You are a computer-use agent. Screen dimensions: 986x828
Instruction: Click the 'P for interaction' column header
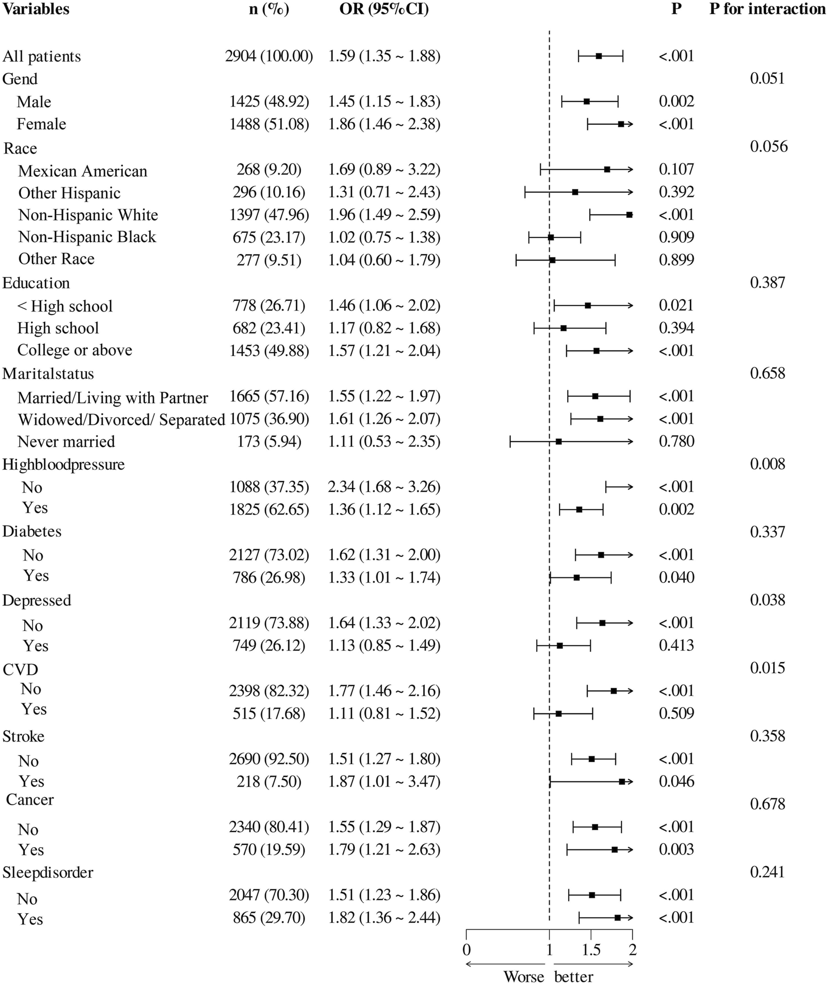(767, 9)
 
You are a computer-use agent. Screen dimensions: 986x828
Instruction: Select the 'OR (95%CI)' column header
(384, 9)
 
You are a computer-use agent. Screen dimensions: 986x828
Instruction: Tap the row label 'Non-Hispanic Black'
(87, 237)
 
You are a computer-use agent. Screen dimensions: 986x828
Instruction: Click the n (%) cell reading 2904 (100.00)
(269, 56)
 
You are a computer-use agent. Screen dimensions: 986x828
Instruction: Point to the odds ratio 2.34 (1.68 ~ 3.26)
(384, 487)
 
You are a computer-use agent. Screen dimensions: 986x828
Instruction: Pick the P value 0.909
(676, 237)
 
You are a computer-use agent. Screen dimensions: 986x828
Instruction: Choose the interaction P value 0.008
(767, 464)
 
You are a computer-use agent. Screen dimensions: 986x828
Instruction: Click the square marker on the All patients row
(599, 56)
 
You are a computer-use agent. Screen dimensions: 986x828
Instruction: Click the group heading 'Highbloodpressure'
(64, 464)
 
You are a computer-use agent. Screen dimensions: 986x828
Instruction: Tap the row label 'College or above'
(75, 350)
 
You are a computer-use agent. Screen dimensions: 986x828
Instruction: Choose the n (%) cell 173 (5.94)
(269, 442)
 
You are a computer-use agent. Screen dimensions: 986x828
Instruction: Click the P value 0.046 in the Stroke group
(676, 781)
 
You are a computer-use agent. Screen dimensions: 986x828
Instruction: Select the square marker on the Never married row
(558, 442)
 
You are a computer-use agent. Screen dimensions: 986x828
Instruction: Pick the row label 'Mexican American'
(83, 171)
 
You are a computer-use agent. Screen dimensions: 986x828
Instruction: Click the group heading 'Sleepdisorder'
(48, 872)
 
